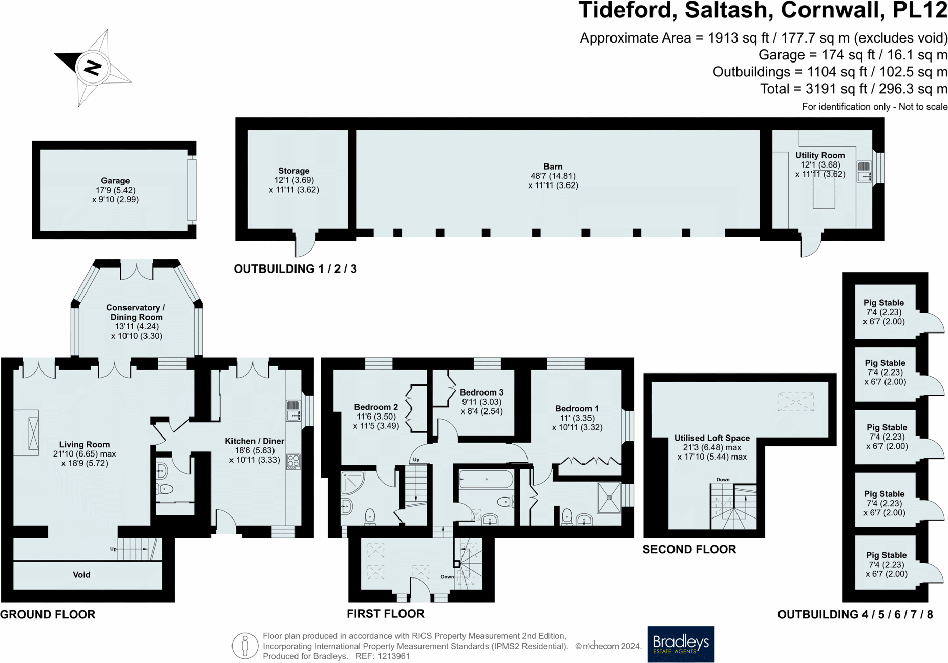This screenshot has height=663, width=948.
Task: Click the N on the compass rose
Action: [x=93, y=67]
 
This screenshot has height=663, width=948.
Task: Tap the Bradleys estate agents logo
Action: [x=681, y=644]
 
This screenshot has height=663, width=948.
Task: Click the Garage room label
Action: [x=115, y=181]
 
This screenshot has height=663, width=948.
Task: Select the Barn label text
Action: [x=553, y=167]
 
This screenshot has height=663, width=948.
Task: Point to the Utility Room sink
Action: [x=864, y=172]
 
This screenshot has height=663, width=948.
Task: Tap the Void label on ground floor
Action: [x=81, y=575]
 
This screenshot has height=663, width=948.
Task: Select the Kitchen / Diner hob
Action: [x=293, y=462]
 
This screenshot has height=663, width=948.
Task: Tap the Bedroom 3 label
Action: [x=481, y=392]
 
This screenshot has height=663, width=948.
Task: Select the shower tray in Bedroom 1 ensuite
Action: [x=609, y=497]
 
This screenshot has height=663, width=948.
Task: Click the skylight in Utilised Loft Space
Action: [x=795, y=402]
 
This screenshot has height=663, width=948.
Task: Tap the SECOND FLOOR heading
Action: [x=689, y=550]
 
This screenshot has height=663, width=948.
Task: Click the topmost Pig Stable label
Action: [x=883, y=303]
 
